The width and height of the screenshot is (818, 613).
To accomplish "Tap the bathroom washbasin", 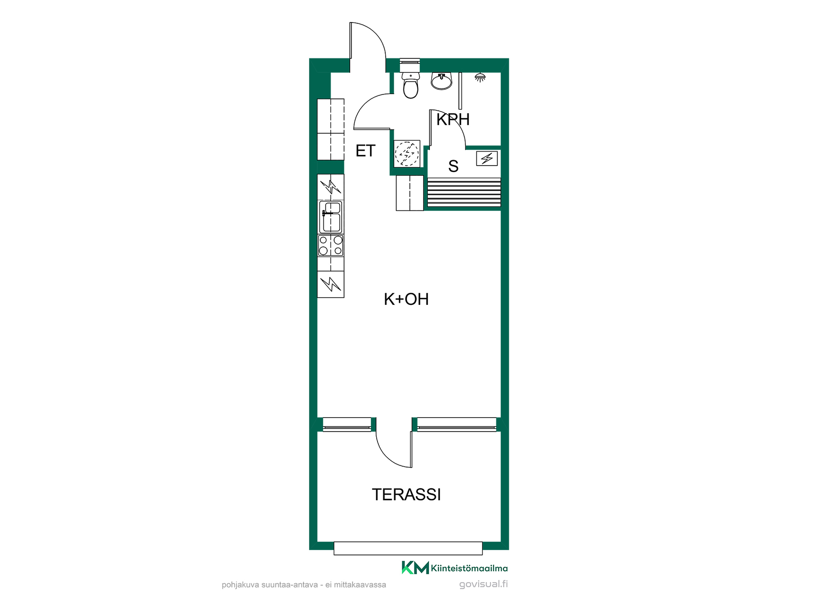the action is click(x=441, y=81).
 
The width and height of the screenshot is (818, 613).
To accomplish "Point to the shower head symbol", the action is click(x=480, y=77).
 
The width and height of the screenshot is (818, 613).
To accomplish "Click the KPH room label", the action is click(x=453, y=120).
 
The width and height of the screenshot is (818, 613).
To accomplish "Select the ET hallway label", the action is click(x=365, y=151).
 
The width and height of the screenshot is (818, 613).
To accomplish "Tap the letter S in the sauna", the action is click(x=453, y=166).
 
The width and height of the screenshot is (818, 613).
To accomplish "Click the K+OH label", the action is click(x=406, y=299).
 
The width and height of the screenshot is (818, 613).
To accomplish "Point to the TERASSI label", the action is click(x=406, y=495).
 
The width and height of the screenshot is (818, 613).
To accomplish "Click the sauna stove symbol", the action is click(x=487, y=159).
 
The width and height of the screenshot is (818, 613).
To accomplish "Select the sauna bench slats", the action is click(x=464, y=193).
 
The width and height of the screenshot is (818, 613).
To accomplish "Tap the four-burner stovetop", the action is click(x=331, y=246).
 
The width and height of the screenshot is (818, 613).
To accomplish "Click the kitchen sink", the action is click(x=331, y=217).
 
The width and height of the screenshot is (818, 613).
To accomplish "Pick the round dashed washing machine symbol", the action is click(x=407, y=154).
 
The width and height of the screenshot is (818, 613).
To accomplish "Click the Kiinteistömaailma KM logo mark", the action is click(x=415, y=567).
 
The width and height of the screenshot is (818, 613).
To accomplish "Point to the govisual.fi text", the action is click(x=484, y=584).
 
